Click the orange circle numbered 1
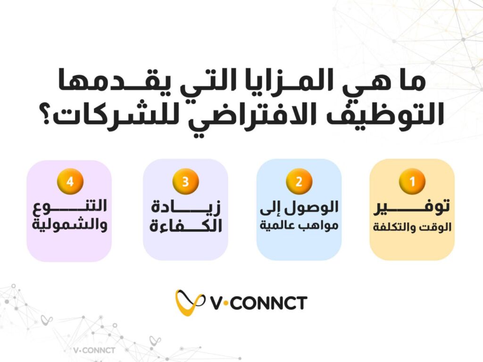(412, 181)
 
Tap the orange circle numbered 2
(299, 181)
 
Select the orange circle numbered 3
(185, 181)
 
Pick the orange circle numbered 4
(70, 181)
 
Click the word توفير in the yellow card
(412, 206)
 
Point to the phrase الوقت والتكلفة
(412, 227)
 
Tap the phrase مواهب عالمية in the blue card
(299, 226)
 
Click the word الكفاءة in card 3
(186, 226)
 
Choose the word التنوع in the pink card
(70, 206)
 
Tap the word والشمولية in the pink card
(70, 225)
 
